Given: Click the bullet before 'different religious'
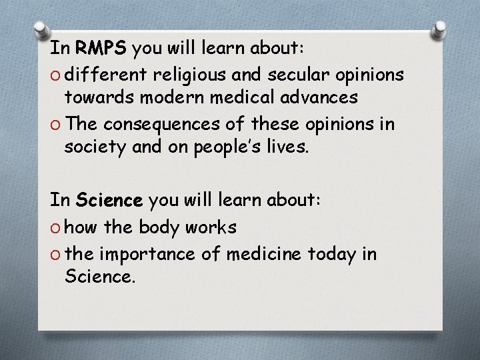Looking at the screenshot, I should click(x=55, y=74).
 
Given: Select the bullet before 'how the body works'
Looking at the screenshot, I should click(x=55, y=228).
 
